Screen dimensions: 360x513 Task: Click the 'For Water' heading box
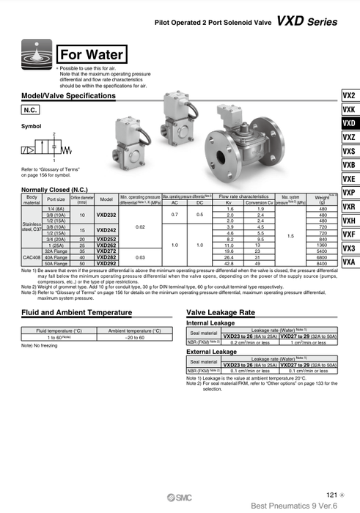coord(91,54)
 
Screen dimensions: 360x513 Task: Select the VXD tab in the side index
coord(349,123)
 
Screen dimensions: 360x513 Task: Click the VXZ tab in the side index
coord(349,137)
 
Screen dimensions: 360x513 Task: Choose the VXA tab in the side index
coord(349,262)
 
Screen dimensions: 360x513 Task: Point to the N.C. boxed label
coord(32,109)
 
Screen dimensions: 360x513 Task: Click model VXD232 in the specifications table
coord(106,215)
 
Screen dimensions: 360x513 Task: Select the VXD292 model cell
coord(106,263)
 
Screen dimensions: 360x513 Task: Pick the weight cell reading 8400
coord(322,263)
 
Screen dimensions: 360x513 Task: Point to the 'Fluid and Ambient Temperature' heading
coord(76,313)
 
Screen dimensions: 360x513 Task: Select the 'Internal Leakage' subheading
coord(212,322)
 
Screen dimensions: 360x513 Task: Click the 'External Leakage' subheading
coord(213,352)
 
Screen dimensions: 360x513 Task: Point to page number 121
coord(331,495)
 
